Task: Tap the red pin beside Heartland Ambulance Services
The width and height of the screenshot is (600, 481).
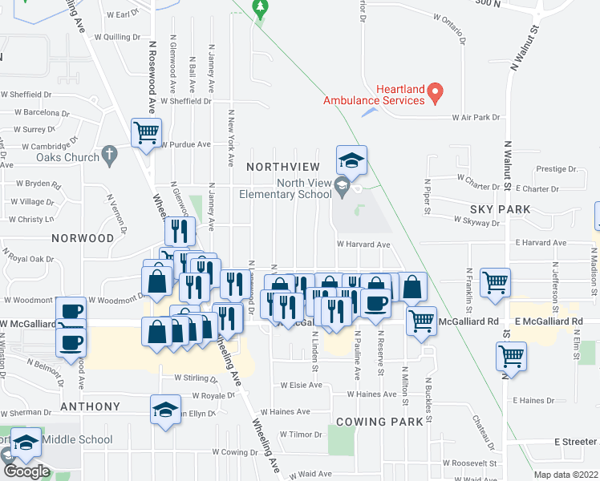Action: [x=436, y=93]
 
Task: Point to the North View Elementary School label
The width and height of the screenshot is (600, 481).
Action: [x=286, y=188]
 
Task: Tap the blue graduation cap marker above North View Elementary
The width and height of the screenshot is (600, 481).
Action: [x=351, y=161]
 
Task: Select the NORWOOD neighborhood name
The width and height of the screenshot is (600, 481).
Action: [x=83, y=238]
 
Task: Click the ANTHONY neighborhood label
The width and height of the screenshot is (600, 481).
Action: [x=91, y=406]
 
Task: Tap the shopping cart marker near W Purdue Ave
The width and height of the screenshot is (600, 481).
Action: [x=146, y=133]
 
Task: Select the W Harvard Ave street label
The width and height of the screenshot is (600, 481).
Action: [x=363, y=245]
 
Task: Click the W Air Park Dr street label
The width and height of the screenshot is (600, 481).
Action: [x=475, y=117]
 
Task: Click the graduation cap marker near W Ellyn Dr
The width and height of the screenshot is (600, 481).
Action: [x=166, y=411]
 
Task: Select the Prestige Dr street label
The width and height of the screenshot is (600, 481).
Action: [x=557, y=169]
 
